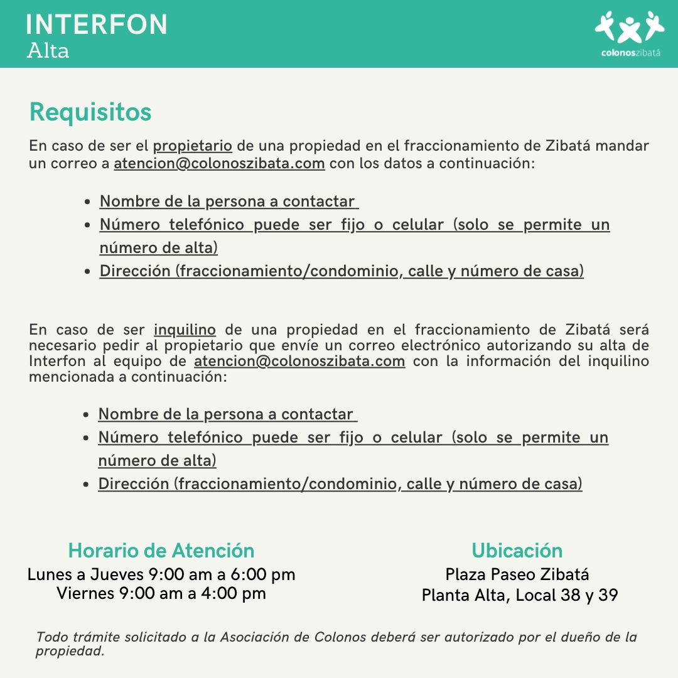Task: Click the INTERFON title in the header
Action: click(x=97, y=24)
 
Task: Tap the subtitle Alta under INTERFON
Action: click(x=48, y=51)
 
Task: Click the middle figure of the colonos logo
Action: click(x=630, y=30)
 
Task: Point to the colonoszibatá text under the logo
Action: click(x=630, y=53)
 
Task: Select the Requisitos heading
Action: click(x=90, y=112)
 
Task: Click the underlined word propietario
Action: click(x=193, y=146)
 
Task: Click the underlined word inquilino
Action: click(x=185, y=330)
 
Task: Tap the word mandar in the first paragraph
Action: click(x=621, y=146)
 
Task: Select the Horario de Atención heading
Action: click(x=161, y=551)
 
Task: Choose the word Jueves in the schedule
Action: click(x=117, y=574)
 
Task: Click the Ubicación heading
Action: click(x=517, y=551)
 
